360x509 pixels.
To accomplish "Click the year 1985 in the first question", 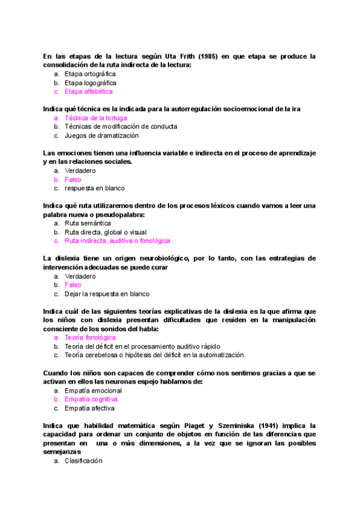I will click(202, 56).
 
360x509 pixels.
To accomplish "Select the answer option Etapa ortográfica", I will click(90, 74).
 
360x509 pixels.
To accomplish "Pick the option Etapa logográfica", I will click(91, 83).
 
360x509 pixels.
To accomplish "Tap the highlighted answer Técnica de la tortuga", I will click(96, 118).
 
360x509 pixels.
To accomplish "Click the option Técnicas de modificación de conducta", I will click(121, 127).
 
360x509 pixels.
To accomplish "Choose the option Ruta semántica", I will click(88, 223).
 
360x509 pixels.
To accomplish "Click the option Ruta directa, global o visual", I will click(106, 232).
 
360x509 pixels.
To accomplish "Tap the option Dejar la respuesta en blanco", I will click(107, 294).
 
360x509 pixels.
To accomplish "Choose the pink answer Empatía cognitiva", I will click(91, 399).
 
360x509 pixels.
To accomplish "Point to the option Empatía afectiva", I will click(90, 408).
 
